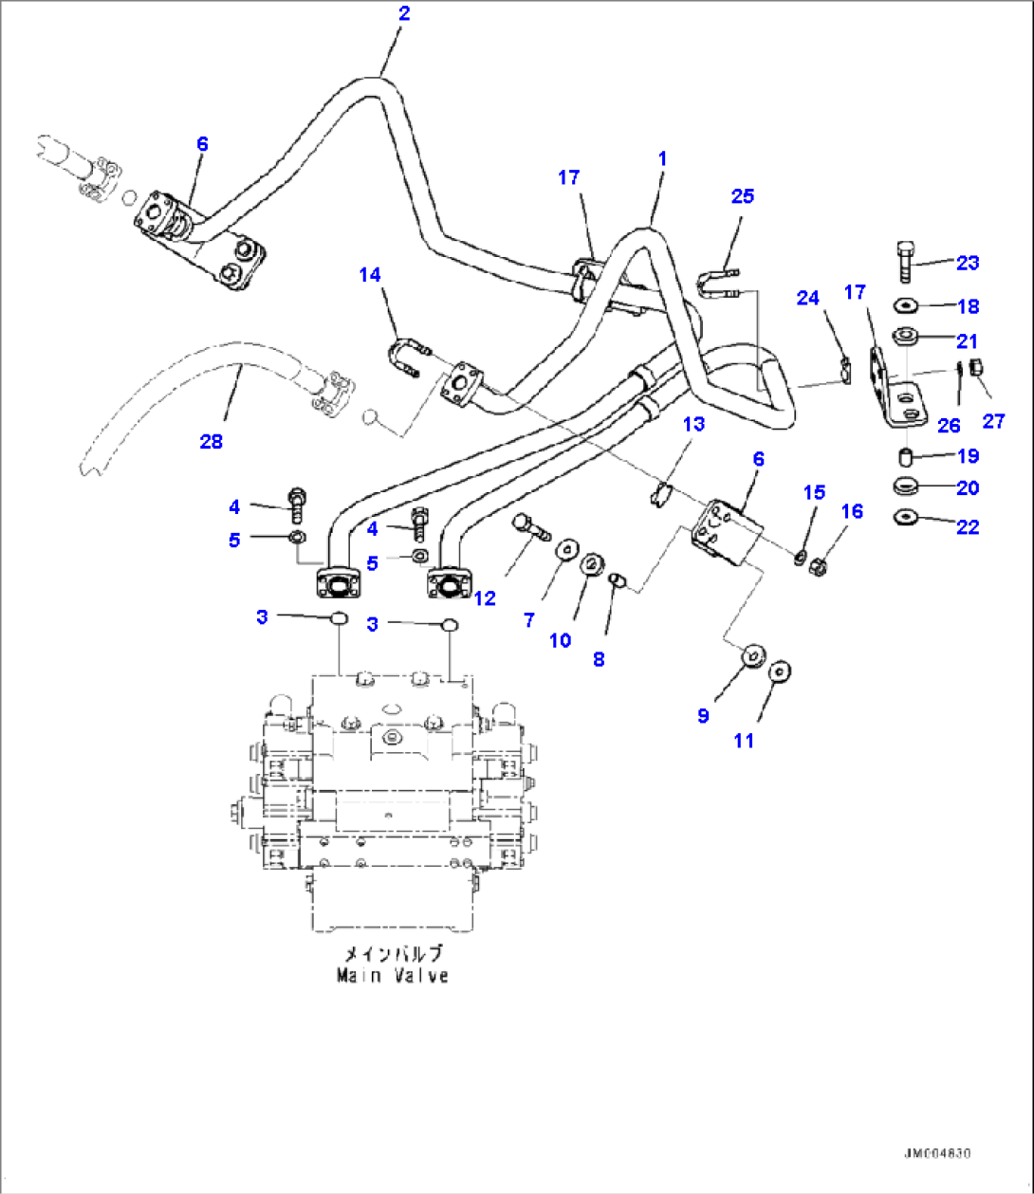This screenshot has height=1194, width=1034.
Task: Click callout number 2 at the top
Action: [x=405, y=13]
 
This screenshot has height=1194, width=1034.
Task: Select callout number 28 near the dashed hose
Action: [x=211, y=441]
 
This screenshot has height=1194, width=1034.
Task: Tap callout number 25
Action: [x=742, y=195]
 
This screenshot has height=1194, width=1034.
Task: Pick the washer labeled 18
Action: [x=906, y=305]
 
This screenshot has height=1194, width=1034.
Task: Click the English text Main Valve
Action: [x=393, y=975]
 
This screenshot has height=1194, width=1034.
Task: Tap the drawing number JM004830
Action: [x=936, y=1153]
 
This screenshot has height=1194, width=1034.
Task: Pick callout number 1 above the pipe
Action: [x=662, y=158]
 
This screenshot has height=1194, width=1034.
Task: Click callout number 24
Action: [x=807, y=298]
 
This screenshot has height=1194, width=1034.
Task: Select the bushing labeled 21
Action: [x=906, y=336]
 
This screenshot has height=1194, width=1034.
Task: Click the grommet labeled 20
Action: [x=907, y=487]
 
